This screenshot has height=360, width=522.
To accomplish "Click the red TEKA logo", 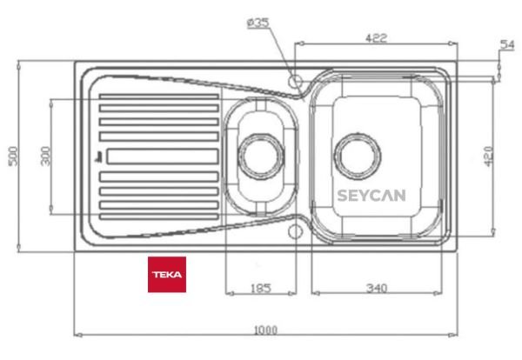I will [166, 274].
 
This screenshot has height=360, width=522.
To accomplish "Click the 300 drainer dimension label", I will [45, 156].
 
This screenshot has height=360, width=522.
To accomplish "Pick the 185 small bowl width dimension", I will [260, 287].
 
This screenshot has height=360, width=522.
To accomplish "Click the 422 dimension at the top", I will [375, 37].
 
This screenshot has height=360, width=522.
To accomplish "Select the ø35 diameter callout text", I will [258, 23].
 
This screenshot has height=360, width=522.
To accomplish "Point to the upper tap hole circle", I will [296, 81].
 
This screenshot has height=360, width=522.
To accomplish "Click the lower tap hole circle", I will [296, 231].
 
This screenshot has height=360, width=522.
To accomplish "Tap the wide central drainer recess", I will [161, 157].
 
